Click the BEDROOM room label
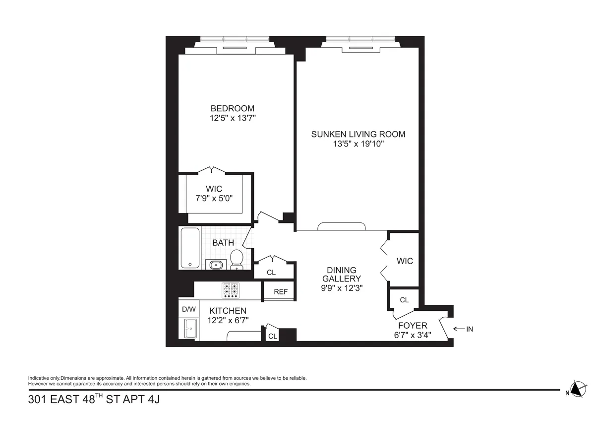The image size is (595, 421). pos(233,108)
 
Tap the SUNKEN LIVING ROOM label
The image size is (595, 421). pos(358,134)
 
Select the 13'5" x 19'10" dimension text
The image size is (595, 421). pos(358,144)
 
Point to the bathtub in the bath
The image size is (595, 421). pos(190,248)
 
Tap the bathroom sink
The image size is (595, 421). pos(215,265)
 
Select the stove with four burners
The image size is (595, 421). pos(230,290)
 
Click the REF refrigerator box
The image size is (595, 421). pos(281,292)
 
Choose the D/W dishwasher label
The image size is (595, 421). pos(188,309)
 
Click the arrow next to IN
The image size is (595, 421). pos(458,329)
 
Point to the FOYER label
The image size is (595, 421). pos(413,326)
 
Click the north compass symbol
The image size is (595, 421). pos(577,389)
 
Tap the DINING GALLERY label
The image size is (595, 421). pos(342,275)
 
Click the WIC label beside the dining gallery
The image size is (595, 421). pos(405,261)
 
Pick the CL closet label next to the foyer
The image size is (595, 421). pos(404,300)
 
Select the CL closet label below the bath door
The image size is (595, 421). pos(271,273)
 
